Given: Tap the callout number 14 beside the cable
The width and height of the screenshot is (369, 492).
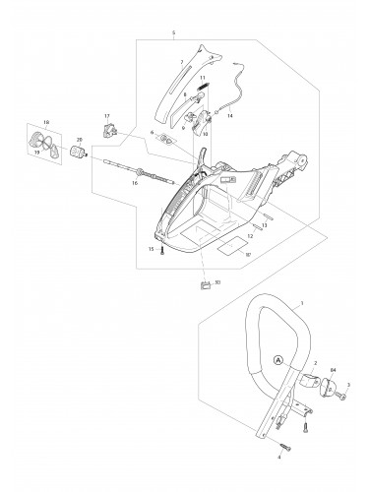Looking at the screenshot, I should (230, 116).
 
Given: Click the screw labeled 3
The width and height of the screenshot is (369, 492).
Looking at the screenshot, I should (338, 397).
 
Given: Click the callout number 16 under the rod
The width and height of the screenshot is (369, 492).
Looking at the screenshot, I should (136, 184).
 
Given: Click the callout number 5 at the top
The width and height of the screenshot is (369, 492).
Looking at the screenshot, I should (173, 32).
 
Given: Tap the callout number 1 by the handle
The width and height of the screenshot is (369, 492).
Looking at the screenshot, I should (300, 305).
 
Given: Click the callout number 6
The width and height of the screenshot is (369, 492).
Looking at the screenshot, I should (153, 130).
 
